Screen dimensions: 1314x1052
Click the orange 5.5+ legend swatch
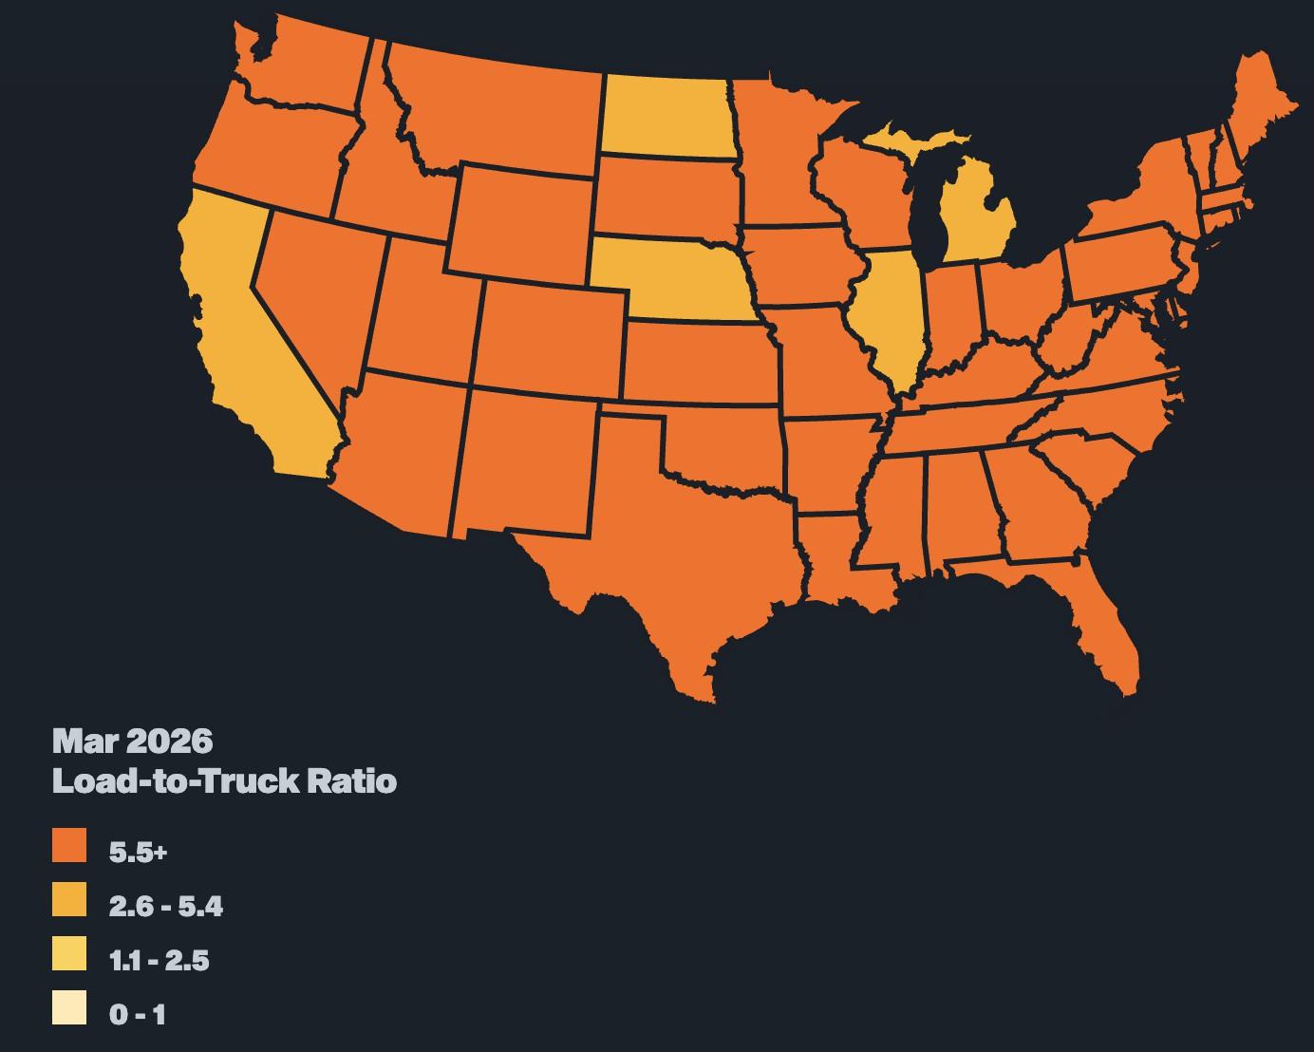click(69, 846)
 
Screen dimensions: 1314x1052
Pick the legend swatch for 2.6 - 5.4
click(69, 900)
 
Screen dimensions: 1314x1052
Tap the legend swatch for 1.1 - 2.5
click(69, 953)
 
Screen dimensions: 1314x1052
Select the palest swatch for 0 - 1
click(69, 1007)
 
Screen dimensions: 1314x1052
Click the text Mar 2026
click(133, 739)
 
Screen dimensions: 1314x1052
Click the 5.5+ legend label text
click(139, 852)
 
